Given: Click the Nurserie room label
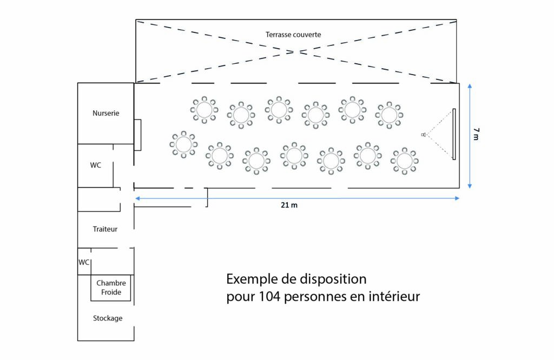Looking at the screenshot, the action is tap(105, 114).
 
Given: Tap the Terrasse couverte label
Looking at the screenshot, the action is tap(293, 35).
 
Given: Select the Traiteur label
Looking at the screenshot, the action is tap(105, 229).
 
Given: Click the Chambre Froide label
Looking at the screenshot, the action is tap(111, 288).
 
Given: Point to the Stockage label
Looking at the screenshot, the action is tap(108, 318).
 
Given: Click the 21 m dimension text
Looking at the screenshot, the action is tap(289, 205).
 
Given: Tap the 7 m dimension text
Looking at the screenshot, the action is tap(476, 134).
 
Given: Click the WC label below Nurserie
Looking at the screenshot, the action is tap(95, 165).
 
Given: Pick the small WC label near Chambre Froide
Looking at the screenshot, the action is tap(84, 262).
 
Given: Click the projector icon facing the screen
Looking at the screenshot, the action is tap(423, 135).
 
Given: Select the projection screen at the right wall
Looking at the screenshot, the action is tap(454, 134).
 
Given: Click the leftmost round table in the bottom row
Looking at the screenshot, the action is tap(183, 144).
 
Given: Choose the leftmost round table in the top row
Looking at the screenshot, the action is tap(204, 110).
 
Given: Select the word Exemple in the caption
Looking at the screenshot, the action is tap(252, 279).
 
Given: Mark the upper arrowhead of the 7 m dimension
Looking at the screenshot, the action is tap(470, 86).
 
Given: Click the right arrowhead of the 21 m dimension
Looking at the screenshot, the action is tap(457, 198).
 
